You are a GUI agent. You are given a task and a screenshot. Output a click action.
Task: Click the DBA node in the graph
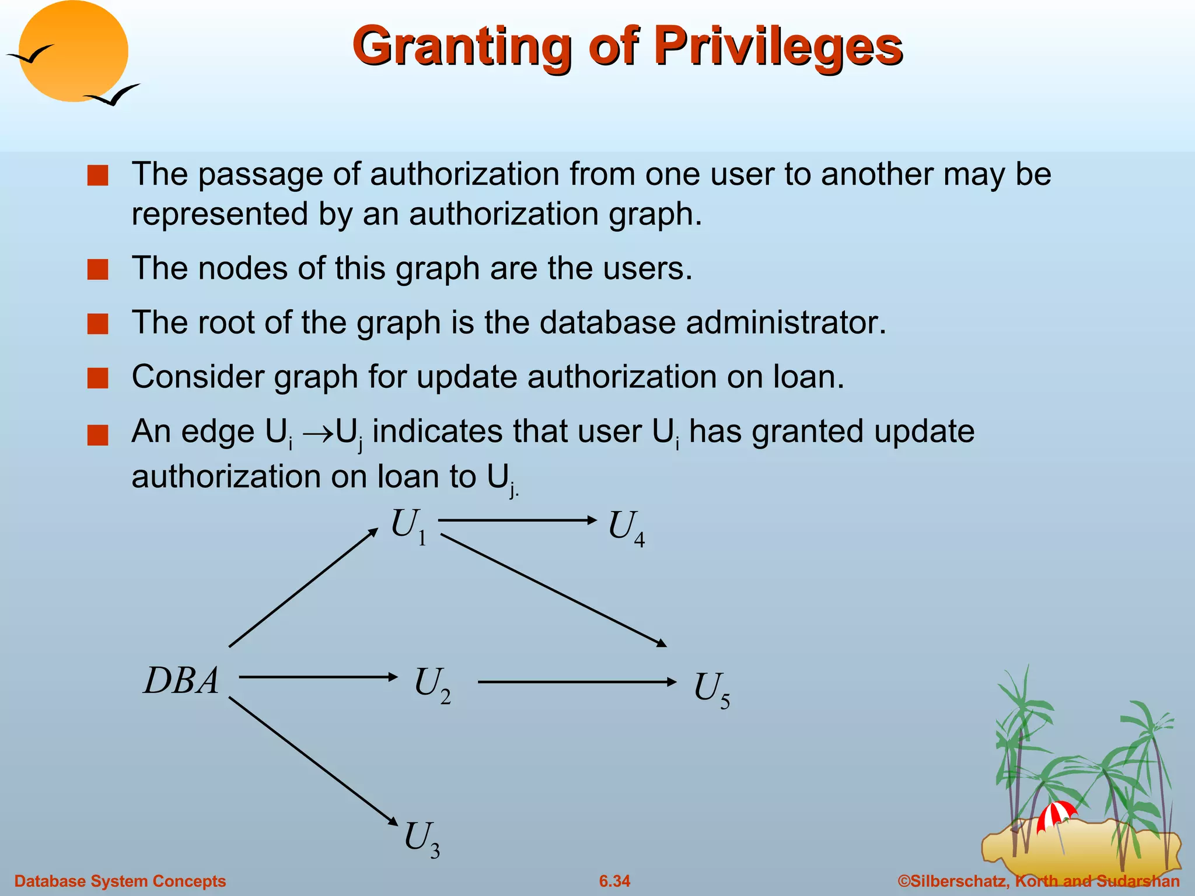click(x=181, y=680)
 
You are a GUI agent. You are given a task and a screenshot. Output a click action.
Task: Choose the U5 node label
click(x=711, y=689)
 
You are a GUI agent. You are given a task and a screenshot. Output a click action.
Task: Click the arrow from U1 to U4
click(x=516, y=520)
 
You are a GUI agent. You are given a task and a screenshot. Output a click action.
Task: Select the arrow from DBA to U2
click(x=318, y=677)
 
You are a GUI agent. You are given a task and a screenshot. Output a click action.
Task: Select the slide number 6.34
click(x=614, y=881)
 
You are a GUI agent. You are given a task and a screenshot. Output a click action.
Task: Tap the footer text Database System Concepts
click(x=120, y=881)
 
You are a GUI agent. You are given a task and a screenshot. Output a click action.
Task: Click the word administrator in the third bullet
click(x=785, y=323)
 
